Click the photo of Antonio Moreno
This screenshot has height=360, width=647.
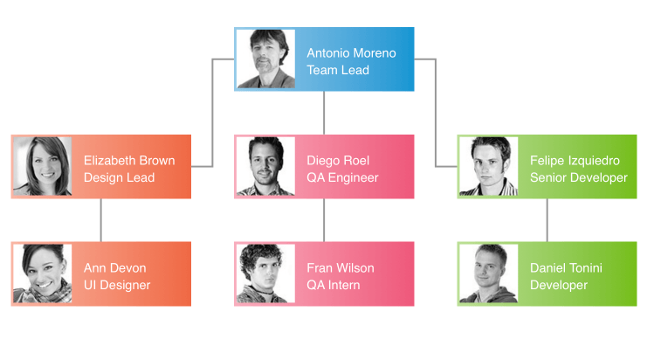pos(266,59)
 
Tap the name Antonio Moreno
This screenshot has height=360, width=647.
pos(351,52)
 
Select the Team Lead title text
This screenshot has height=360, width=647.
pos(338,70)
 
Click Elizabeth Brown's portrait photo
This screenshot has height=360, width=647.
pos(43,167)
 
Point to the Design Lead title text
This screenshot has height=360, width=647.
pos(119,177)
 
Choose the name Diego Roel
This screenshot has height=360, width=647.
pos(338,160)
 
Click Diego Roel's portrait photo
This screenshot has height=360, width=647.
pos(266,167)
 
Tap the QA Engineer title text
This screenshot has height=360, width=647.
pos(342,177)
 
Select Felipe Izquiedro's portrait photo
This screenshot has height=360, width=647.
pos(489,167)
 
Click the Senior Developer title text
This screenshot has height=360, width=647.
pos(578,177)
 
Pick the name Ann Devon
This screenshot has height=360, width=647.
pos(114,267)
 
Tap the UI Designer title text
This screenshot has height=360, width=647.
pos(117,285)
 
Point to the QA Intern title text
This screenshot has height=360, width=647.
pos(333,285)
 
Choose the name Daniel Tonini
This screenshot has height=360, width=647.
pos(566,267)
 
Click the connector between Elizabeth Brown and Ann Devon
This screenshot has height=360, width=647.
pos(101,220)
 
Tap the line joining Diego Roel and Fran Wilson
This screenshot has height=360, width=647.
pos(324,220)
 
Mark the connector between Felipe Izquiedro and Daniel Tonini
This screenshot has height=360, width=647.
pos(547,220)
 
